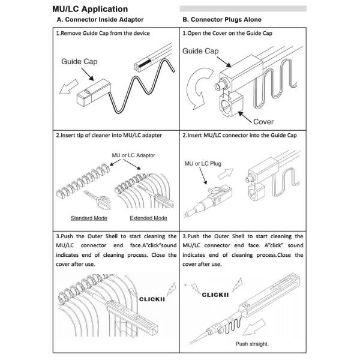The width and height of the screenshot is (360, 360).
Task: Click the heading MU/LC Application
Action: (x=90, y=9)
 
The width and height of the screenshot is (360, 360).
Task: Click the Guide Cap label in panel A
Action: (x=79, y=61)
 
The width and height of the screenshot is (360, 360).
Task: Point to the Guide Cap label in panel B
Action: (x=200, y=52)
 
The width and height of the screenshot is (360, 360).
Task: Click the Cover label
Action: (x=263, y=121)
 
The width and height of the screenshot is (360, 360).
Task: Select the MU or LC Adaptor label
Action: (x=133, y=155)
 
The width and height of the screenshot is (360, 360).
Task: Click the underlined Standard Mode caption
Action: (x=89, y=218)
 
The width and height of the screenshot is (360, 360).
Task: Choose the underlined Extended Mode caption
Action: (x=148, y=218)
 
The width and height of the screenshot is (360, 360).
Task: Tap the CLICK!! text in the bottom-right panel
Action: (x=216, y=295)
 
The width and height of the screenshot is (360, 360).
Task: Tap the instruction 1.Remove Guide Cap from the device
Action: (x=103, y=33)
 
